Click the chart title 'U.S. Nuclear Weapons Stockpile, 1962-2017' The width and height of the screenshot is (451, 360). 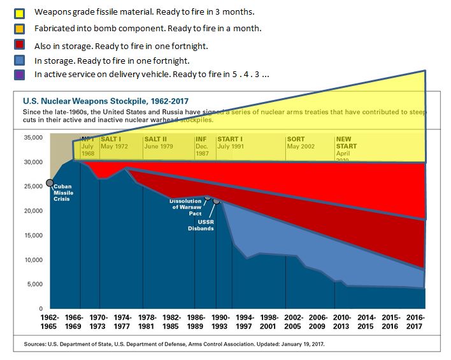[110, 101]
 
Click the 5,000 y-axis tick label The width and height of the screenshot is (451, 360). [33, 284]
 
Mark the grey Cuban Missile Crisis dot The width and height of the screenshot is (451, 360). [50, 183]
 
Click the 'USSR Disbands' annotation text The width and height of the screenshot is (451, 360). [201, 225]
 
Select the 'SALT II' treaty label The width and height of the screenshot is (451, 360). [155, 139]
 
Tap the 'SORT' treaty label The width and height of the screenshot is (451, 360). [296, 139]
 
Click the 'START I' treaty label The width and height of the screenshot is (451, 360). [230, 139]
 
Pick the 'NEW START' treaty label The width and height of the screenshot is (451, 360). [343, 142]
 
